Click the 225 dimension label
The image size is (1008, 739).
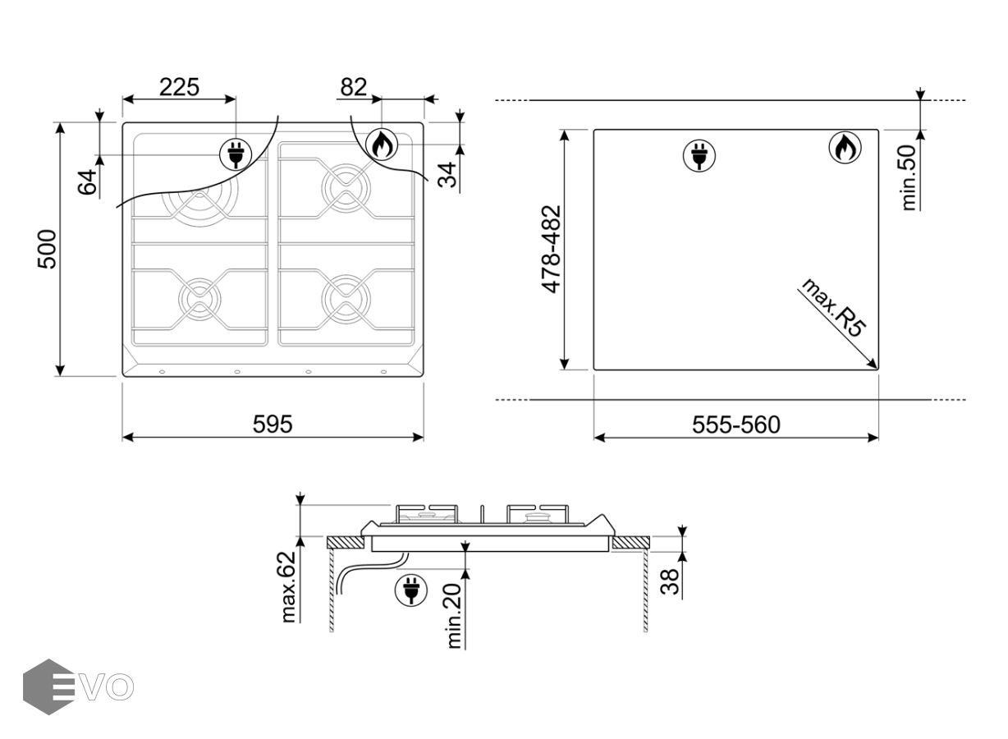point(179,87)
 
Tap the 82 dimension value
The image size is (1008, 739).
point(354,87)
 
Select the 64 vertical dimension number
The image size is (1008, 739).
point(87,181)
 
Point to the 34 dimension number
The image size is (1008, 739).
point(447,175)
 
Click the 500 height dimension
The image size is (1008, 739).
point(48,250)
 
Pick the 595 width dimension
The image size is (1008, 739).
point(273,424)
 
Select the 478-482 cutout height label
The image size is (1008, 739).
point(552,250)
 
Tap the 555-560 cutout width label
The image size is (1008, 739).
point(736,425)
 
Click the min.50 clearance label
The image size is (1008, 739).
point(909,177)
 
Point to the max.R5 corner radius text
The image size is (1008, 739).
point(833,307)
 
